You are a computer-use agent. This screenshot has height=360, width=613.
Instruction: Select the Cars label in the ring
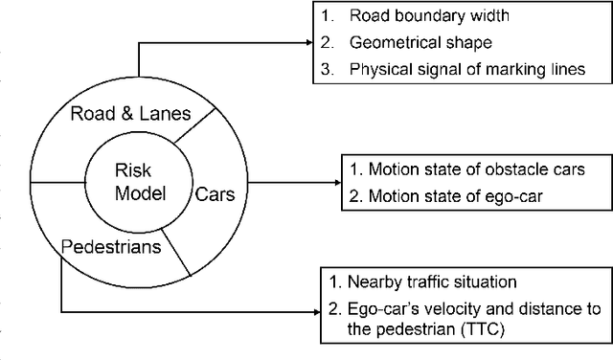click(x=216, y=193)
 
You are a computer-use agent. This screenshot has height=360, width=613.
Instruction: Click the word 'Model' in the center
click(x=140, y=193)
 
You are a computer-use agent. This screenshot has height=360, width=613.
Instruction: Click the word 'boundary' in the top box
click(x=421, y=14)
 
